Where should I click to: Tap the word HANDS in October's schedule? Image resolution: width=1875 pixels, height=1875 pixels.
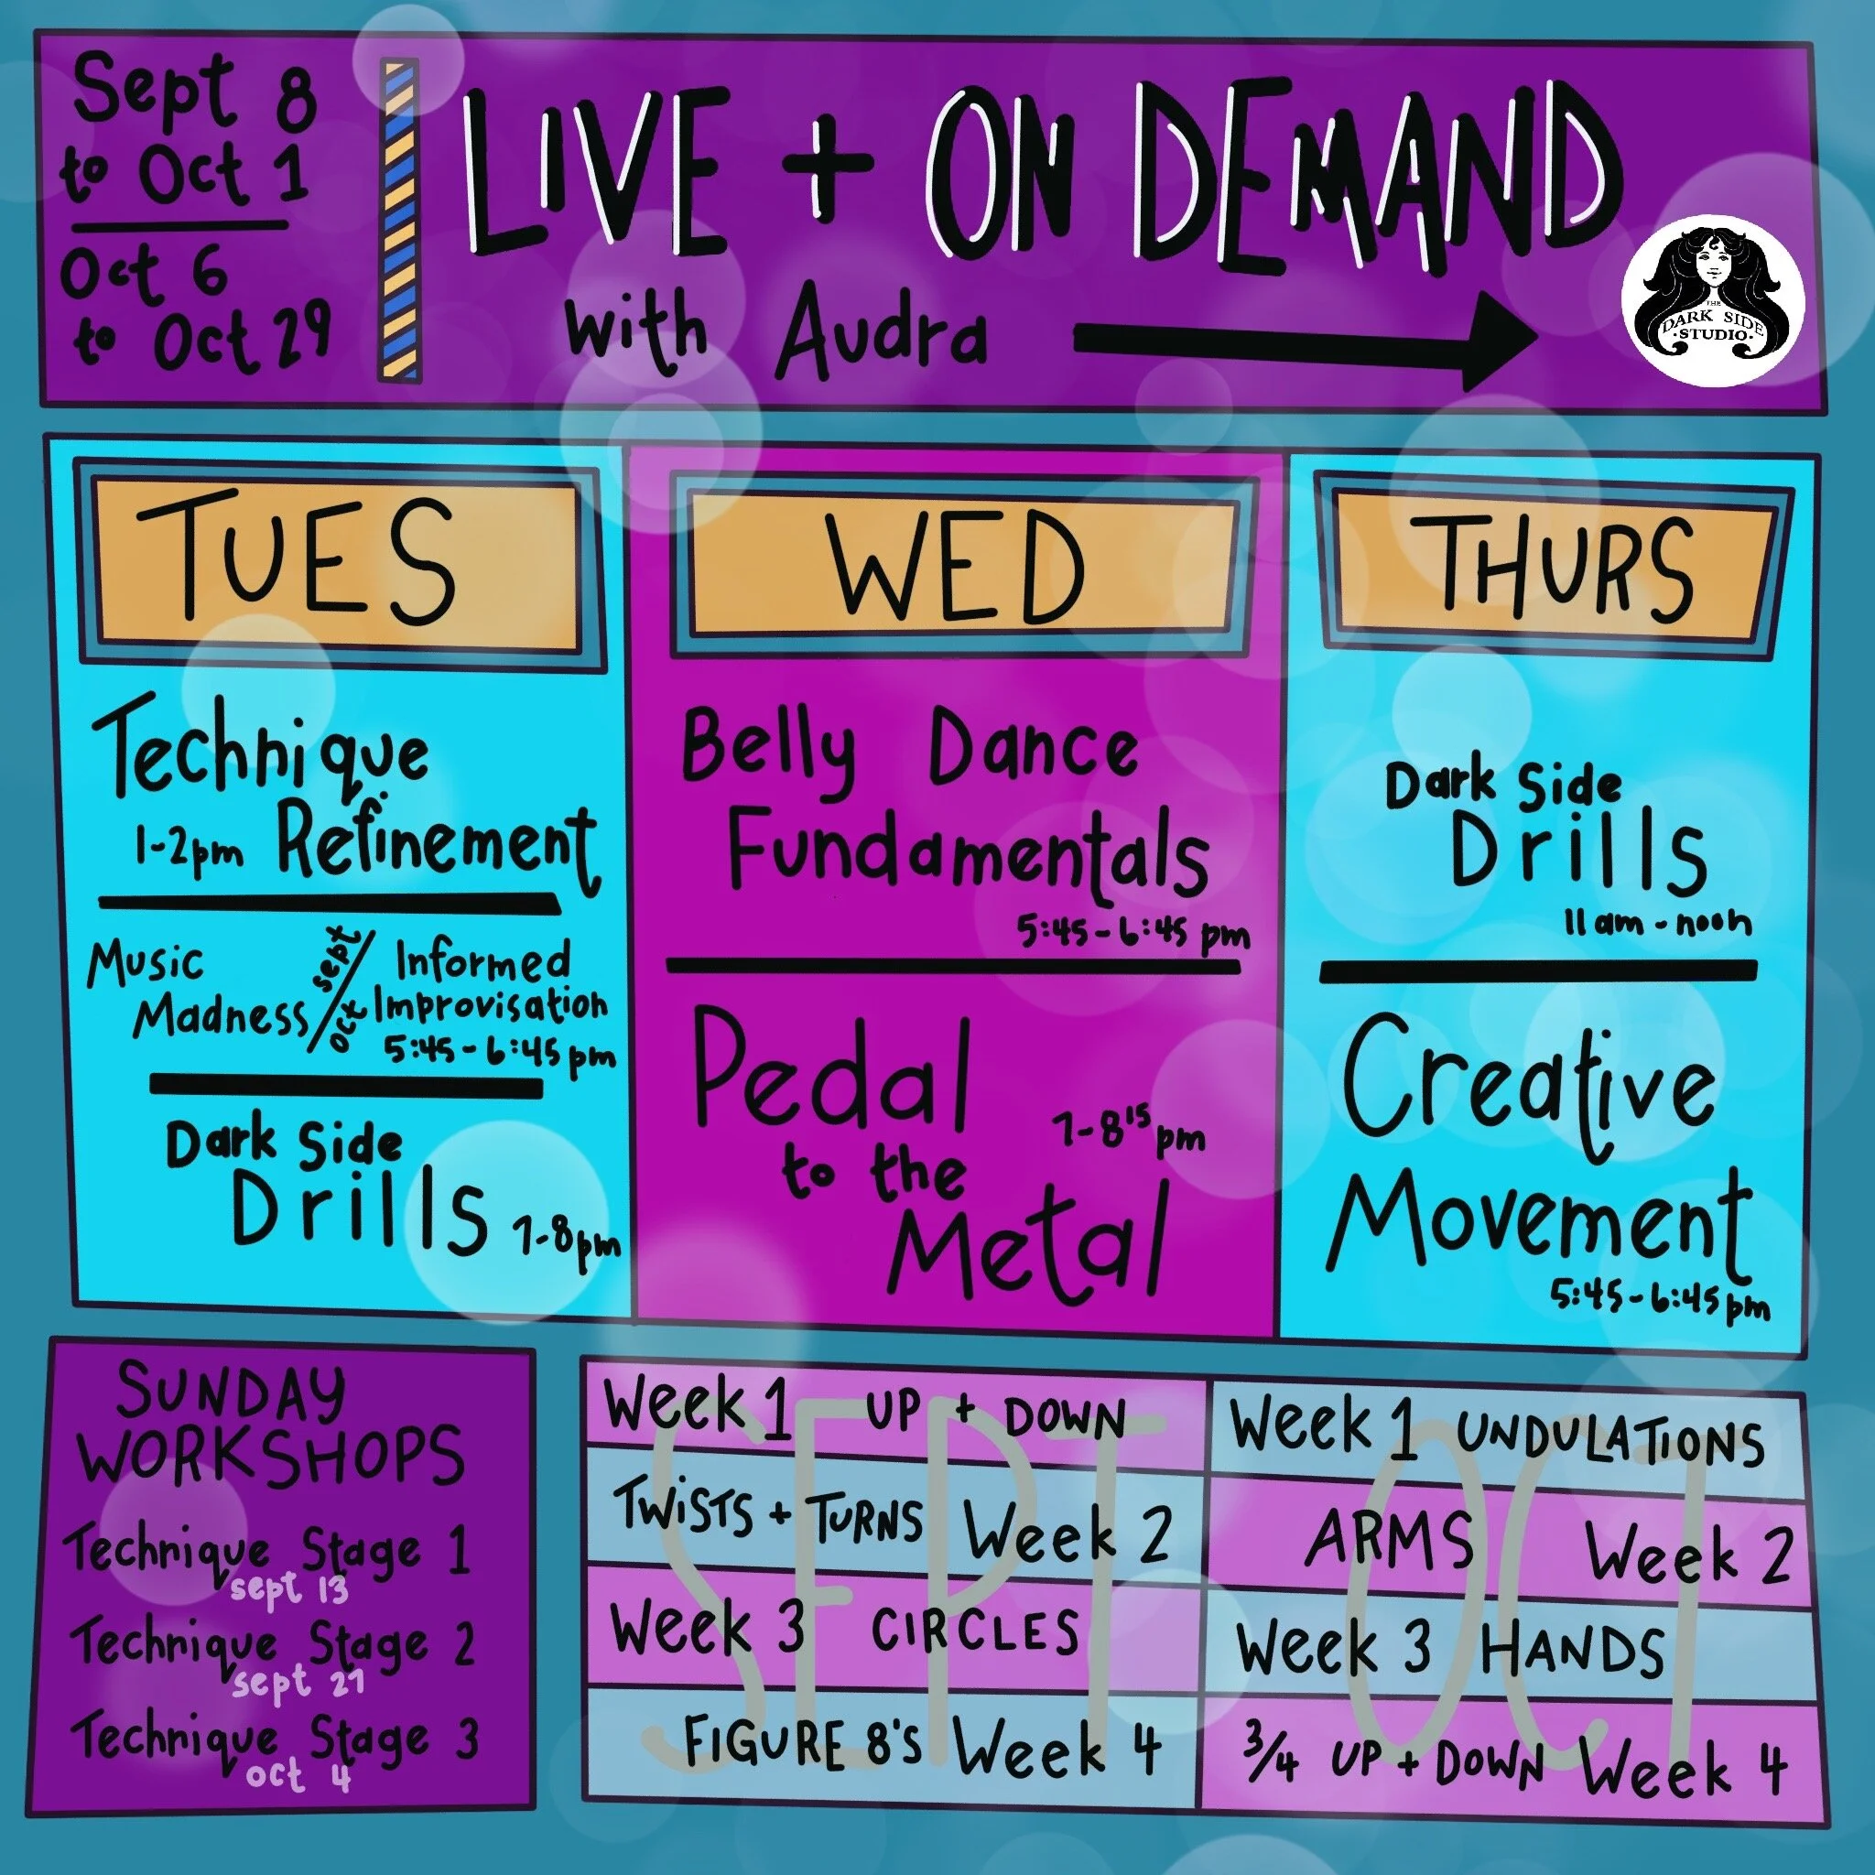1571,1649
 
